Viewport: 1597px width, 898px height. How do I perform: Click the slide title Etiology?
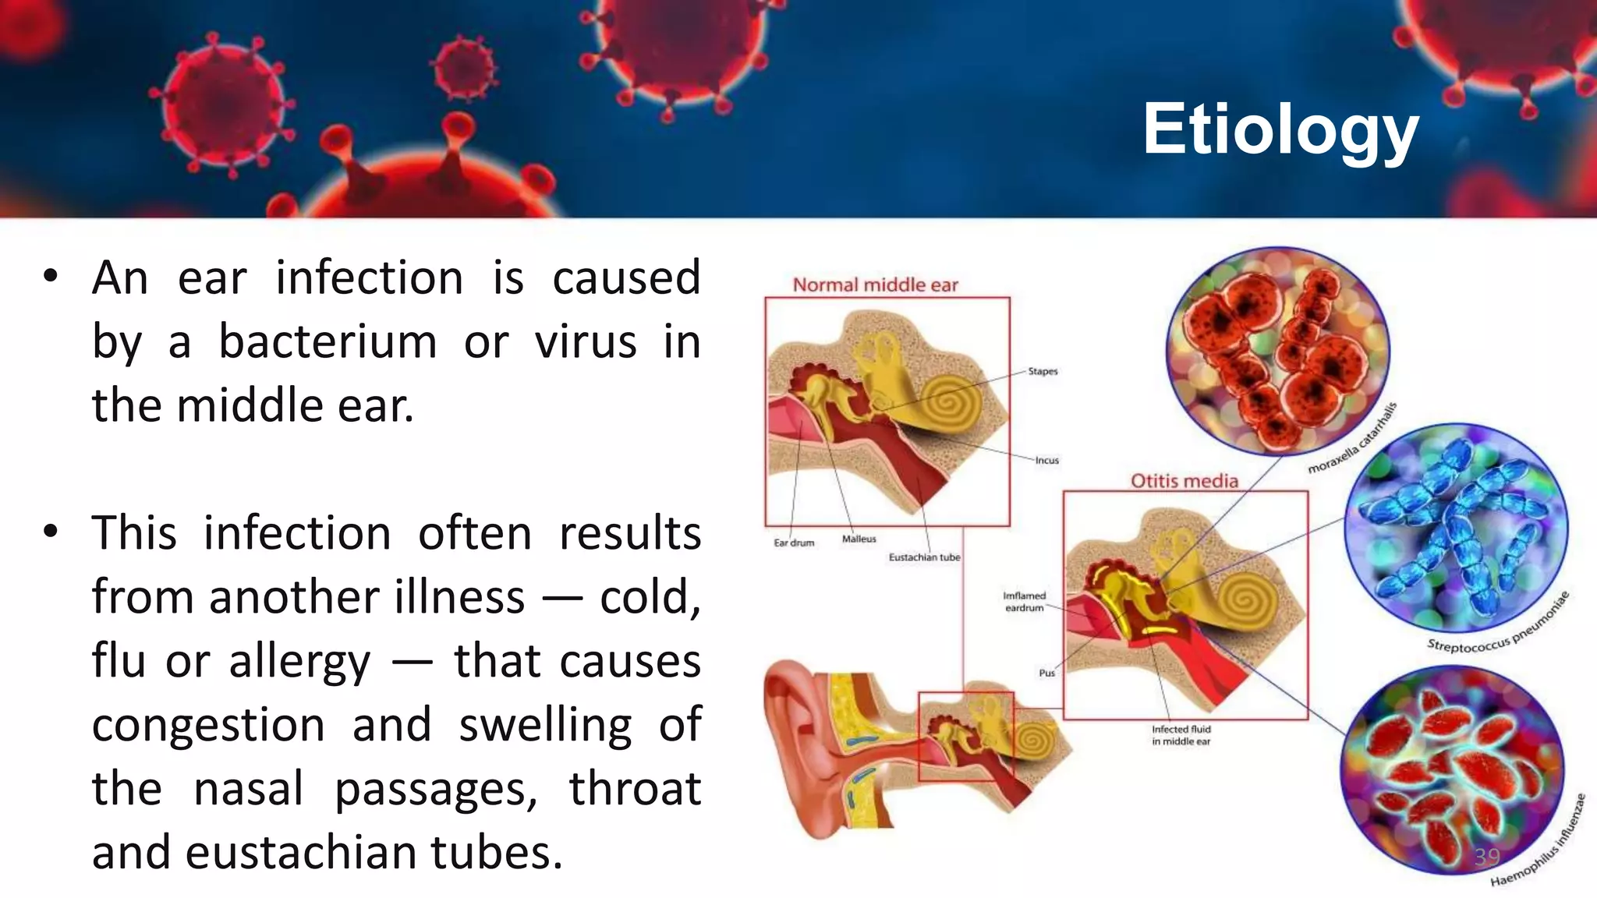[1280, 130]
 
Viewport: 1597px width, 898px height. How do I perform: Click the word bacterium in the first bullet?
[328, 341]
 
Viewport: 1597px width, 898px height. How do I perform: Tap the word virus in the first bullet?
[586, 341]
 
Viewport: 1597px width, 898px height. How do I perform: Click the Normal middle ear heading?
[875, 285]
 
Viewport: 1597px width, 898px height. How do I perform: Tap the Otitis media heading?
[1184, 481]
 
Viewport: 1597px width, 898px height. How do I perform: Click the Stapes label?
[1043, 372]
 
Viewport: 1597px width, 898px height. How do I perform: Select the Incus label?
[1046, 461]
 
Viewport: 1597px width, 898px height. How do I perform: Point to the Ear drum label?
[793, 543]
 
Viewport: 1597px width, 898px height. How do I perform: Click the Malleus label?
[859, 539]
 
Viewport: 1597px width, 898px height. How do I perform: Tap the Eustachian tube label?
[924, 557]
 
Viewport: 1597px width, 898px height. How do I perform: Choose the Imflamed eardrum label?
[1024, 601]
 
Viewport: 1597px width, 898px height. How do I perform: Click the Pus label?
[1046, 673]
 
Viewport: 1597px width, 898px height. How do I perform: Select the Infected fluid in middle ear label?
[1181, 735]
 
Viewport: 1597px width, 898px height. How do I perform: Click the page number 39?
[1486, 857]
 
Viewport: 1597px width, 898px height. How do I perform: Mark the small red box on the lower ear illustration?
[965, 736]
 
